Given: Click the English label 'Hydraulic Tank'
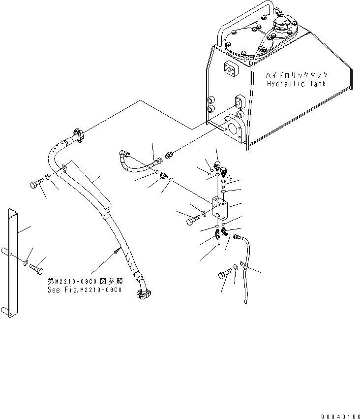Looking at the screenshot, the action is [x=296, y=84].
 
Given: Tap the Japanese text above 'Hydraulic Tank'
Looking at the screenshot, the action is [x=296, y=75].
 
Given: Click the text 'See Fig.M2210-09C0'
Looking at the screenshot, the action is [x=85, y=290].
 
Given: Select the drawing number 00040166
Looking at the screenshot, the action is [x=340, y=417].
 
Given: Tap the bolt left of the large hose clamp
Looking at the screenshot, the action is [x=36, y=184].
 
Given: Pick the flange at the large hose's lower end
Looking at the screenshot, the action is [x=142, y=294].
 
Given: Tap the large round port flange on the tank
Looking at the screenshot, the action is [x=233, y=129].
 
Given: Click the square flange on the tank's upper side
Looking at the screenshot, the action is [x=230, y=69].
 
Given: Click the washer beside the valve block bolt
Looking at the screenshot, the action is [x=204, y=214].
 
